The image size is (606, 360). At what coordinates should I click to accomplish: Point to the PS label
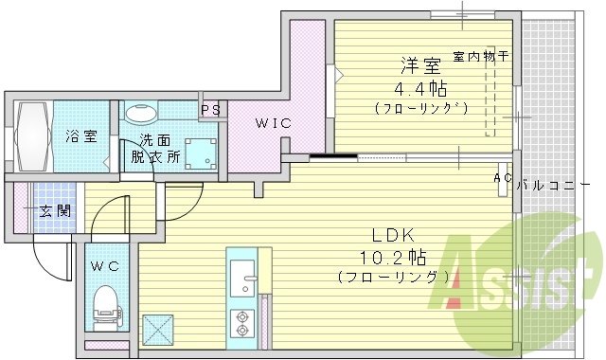point(210,109)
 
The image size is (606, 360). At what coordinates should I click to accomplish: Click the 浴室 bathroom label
point(80,135)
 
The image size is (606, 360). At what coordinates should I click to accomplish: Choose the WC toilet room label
point(105,265)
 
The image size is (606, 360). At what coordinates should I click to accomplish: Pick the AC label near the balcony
point(503,178)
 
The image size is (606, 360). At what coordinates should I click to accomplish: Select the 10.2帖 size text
point(392,257)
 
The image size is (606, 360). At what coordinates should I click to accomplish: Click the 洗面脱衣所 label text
point(154,148)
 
